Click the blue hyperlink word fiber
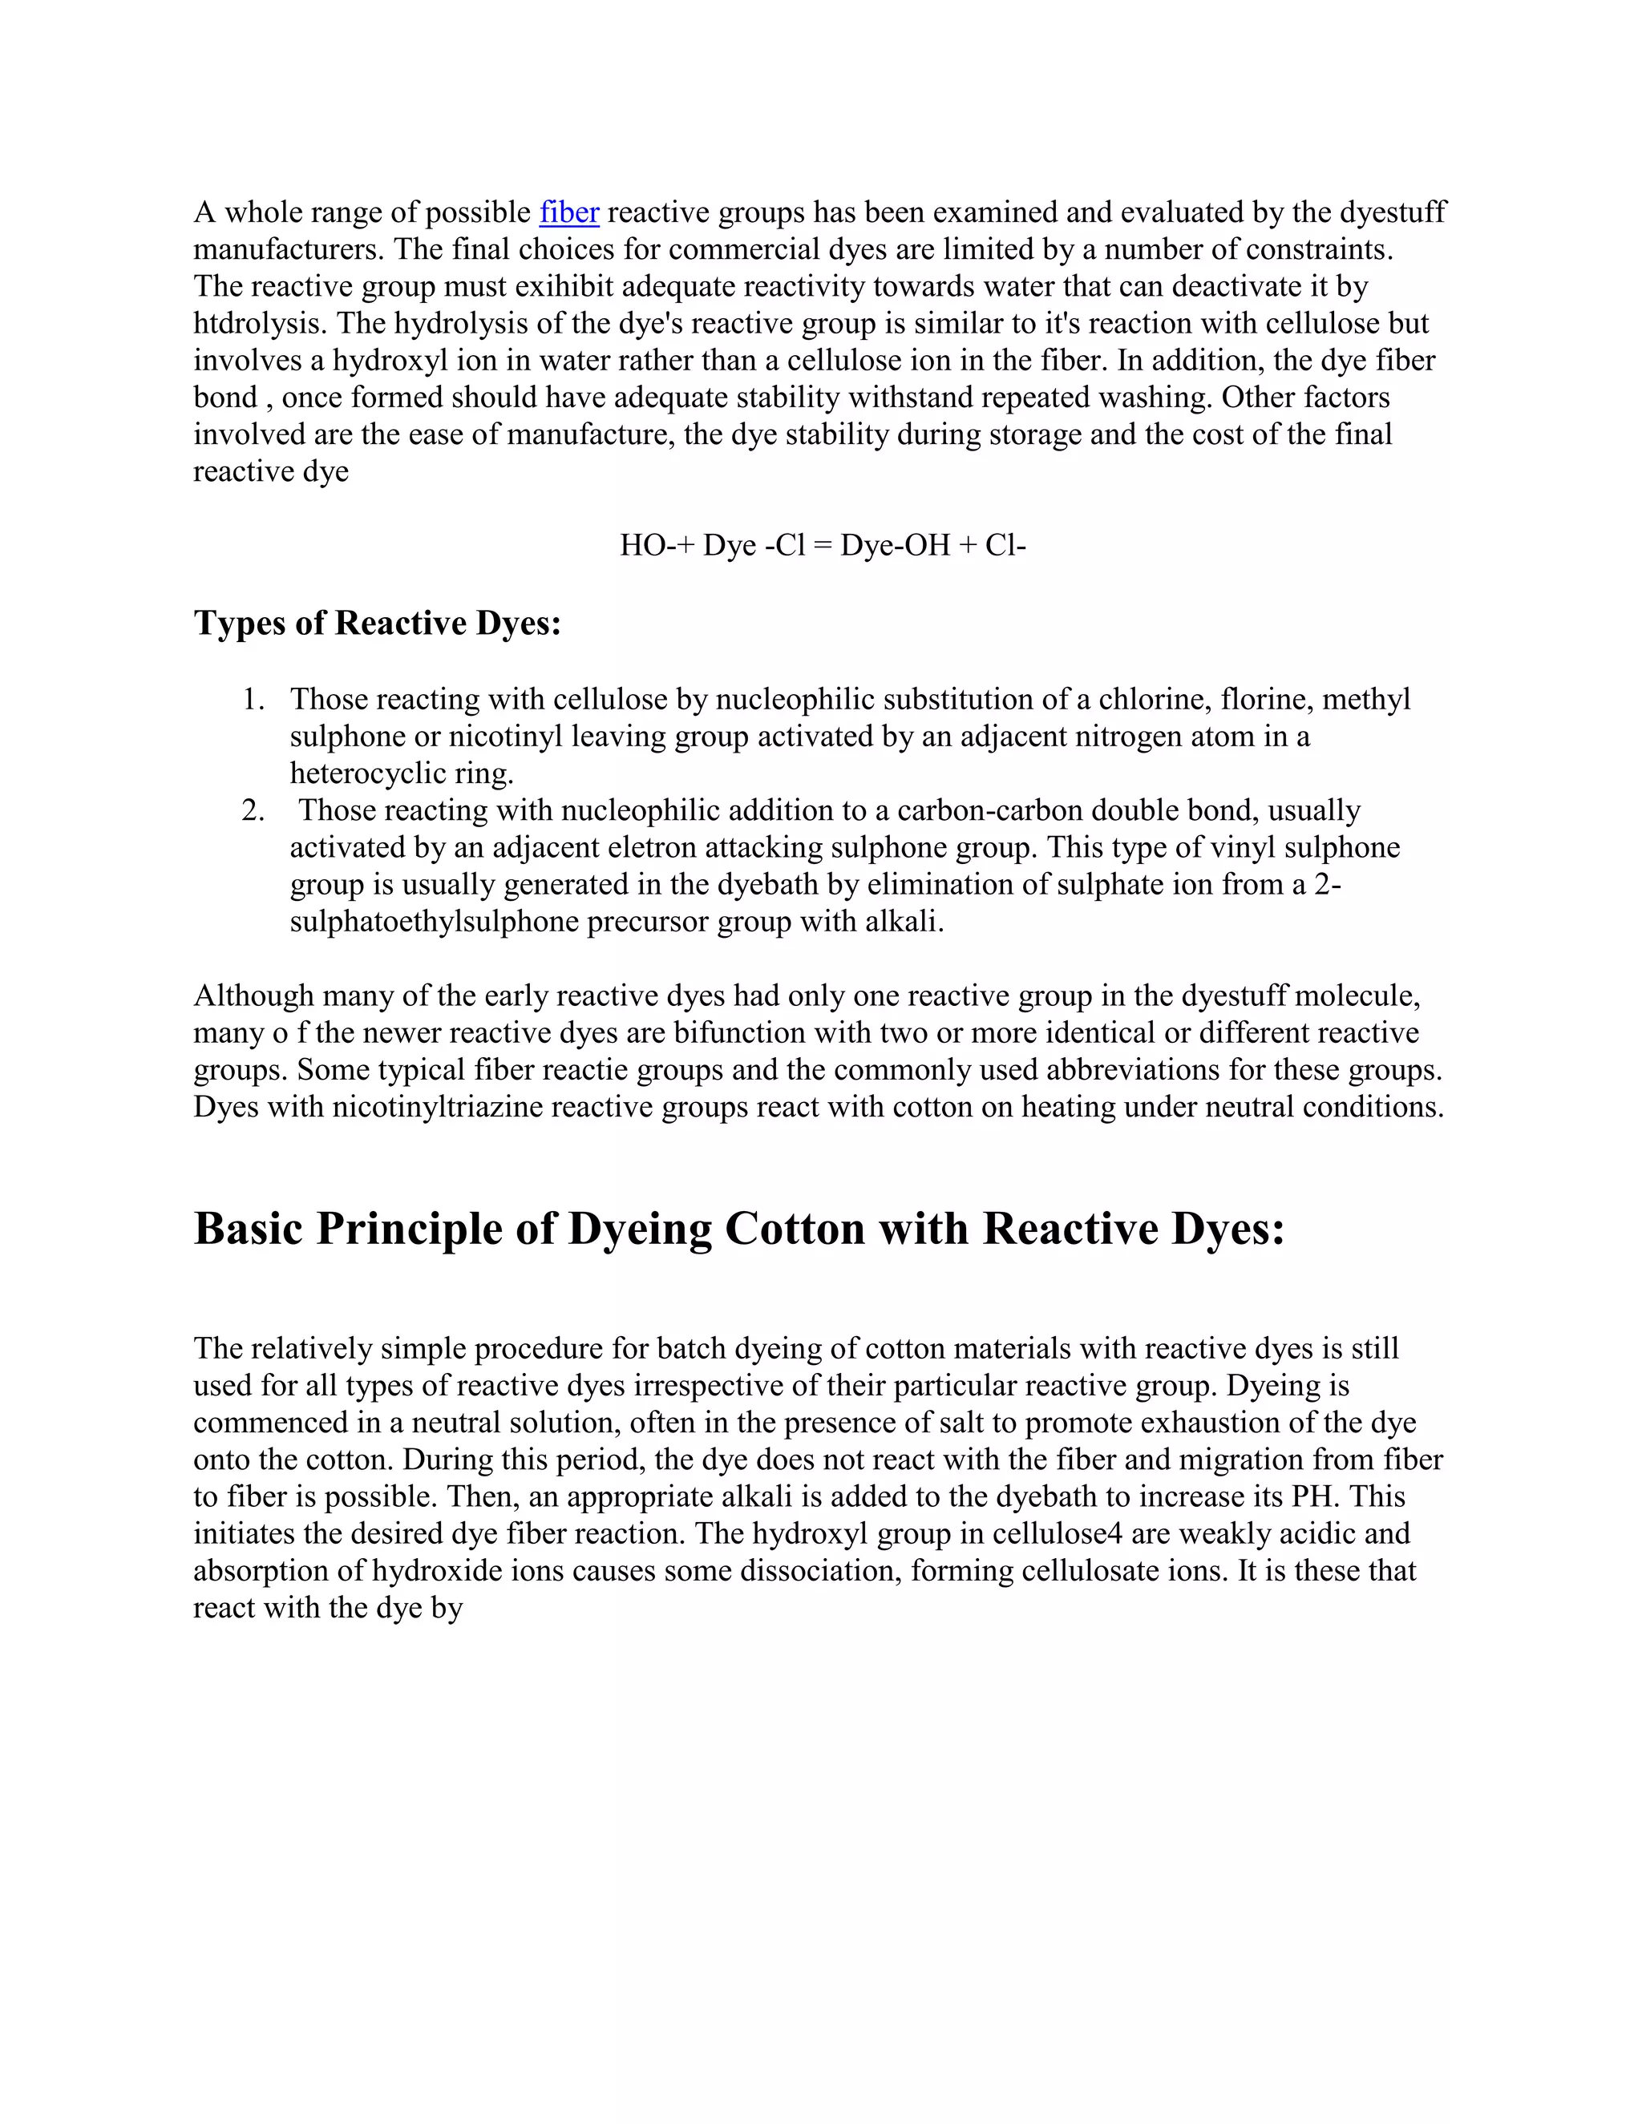point(569,212)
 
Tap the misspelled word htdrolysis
point(256,324)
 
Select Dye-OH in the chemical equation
point(895,546)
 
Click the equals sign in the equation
point(823,546)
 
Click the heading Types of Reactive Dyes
point(378,624)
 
